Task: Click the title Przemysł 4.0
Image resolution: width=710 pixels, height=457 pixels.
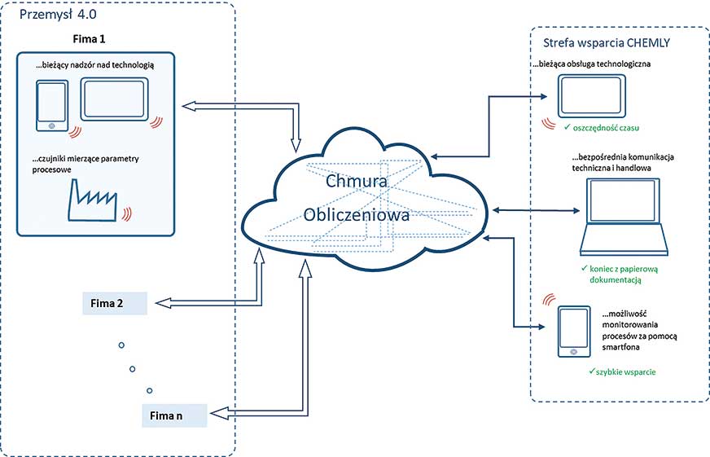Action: coord(54,15)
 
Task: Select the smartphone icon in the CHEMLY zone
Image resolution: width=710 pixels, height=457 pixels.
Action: coord(574,332)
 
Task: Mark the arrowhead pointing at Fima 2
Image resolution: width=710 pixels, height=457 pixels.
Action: coord(161,304)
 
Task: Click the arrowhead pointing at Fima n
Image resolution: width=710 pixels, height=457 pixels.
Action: coord(221,415)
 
